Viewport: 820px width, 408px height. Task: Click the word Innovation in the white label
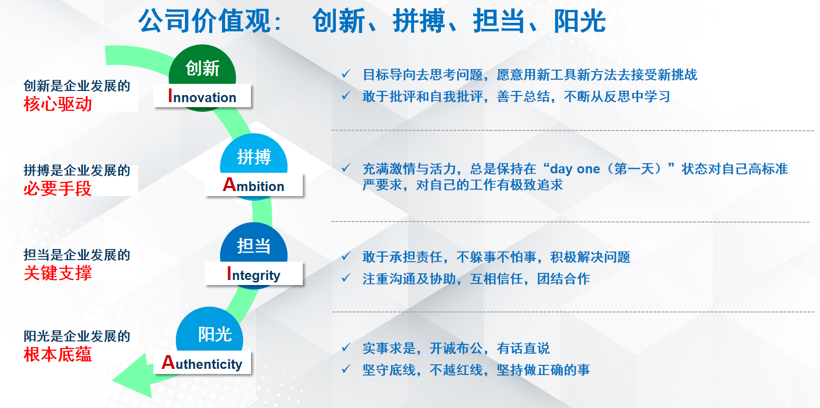tap(202, 97)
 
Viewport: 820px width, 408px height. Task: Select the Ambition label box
tap(254, 184)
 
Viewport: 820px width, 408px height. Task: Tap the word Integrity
tap(254, 274)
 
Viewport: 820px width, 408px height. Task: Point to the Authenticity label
tap(202, 363)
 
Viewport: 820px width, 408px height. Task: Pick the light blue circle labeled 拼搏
tap(254, 155)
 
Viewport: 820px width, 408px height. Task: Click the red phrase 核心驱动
tap(57, 104)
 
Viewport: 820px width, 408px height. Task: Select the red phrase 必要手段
tap(57, 189)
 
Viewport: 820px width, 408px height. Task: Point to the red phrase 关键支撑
tap(57, 273)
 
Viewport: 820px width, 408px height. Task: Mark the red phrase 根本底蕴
tap(57, 355)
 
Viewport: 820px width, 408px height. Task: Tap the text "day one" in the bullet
tap(575, 169)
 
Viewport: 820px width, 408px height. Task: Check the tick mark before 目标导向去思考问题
tap(346, 74)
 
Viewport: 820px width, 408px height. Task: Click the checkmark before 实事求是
tap(346, 347)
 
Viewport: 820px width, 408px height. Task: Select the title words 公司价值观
tap(205, 21)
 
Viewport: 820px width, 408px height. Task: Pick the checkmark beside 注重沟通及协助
tap(346, 278)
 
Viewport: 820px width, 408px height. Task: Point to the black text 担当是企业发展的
tap(77, 255)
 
